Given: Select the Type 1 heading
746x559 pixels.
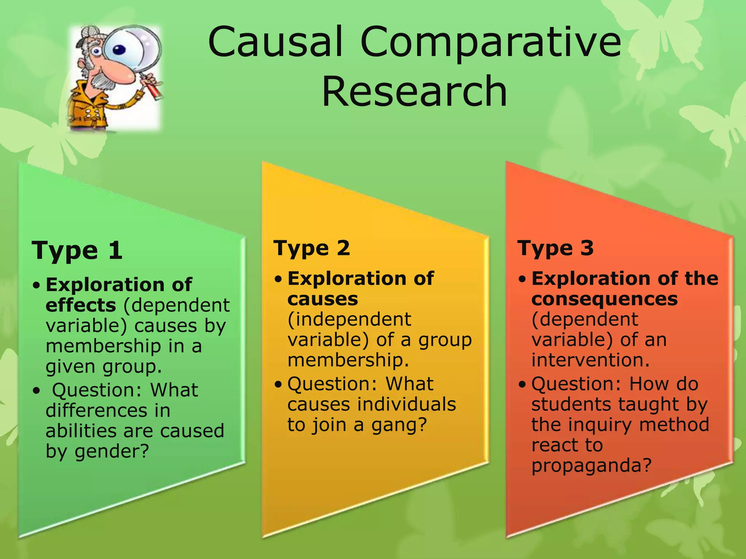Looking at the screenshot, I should (x=77, y=251).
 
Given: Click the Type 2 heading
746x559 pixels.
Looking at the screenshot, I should (x=312, y=248).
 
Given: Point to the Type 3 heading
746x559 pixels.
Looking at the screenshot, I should (x=555, y=248).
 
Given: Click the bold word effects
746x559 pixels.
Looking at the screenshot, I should (x=81, y=305).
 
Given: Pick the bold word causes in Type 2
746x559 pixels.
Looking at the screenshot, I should (x=323, y=299).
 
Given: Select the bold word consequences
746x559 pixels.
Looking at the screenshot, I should (x=605, y=299).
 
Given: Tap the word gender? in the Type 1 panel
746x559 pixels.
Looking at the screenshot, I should (x=112, y=452).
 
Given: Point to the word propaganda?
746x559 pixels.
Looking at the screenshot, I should (x=591, y=465).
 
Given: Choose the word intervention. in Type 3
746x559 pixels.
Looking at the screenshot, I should (x=590, y=360).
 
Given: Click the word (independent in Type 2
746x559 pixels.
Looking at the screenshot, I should (x=349, y=320).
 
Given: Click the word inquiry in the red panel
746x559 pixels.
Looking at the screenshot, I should (x=609, y=425).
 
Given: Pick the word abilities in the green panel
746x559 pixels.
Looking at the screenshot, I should (x=82, y=431).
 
